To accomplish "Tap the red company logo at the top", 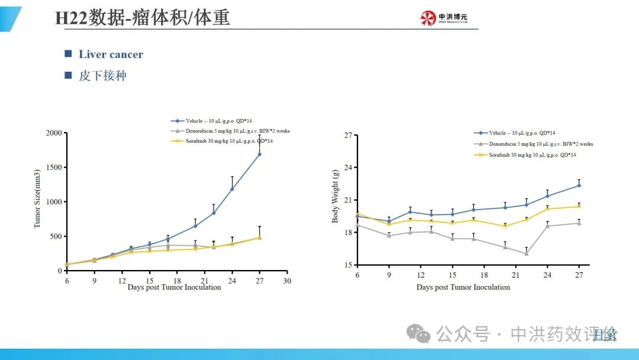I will [428, 18].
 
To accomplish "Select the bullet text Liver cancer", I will [111, 54].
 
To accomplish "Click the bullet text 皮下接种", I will [102, 76].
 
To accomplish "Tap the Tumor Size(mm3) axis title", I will [37, 201].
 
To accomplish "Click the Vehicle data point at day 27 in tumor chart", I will [259, 155].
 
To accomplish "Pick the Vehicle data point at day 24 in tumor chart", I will [232, 189].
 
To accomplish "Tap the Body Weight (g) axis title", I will [335, 196].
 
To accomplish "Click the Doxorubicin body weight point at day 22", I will [526, 253].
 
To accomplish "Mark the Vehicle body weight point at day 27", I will [579, 185].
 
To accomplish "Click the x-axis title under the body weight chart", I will [463, 287].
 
